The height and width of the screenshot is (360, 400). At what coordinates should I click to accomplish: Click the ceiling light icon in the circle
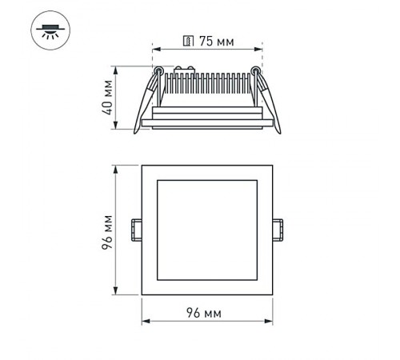click(50, 31)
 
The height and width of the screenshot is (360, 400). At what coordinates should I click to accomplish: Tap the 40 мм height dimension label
click(106, 97)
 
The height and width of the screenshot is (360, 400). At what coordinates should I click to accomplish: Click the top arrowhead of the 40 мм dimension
click(118, 70)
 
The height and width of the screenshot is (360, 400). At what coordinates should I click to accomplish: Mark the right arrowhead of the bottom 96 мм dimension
click(270, 322)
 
